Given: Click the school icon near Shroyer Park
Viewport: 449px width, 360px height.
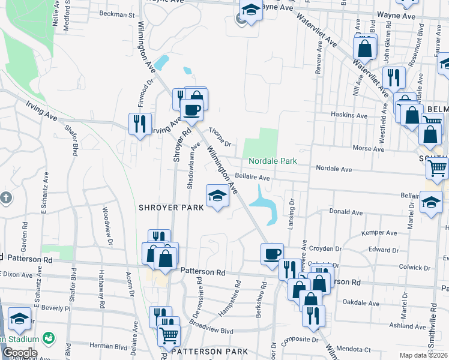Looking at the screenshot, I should (x=217, y=196).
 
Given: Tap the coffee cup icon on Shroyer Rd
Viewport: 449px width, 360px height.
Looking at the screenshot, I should (x=192, y=110).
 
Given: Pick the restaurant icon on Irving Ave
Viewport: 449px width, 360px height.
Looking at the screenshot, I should (x=139, y=124).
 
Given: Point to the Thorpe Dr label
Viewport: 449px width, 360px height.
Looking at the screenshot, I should (x=220, y=136).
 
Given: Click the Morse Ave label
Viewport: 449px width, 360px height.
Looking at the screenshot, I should (x=364, y=148).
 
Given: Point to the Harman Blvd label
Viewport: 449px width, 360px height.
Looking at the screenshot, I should (x=109, y=346).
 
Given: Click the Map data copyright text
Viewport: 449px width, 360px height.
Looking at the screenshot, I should (x=424, y=355).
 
